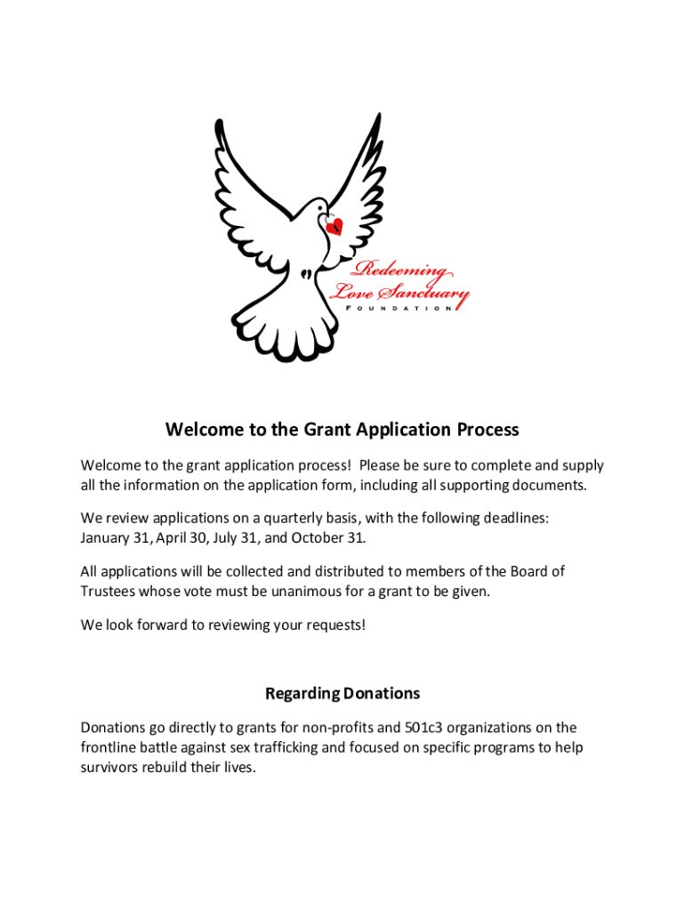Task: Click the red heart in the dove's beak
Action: (334, 228)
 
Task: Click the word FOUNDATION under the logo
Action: (397, 308)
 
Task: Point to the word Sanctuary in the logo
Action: (423, 291)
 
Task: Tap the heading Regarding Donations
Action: (342, 693)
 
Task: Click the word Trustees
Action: (109, 591)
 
